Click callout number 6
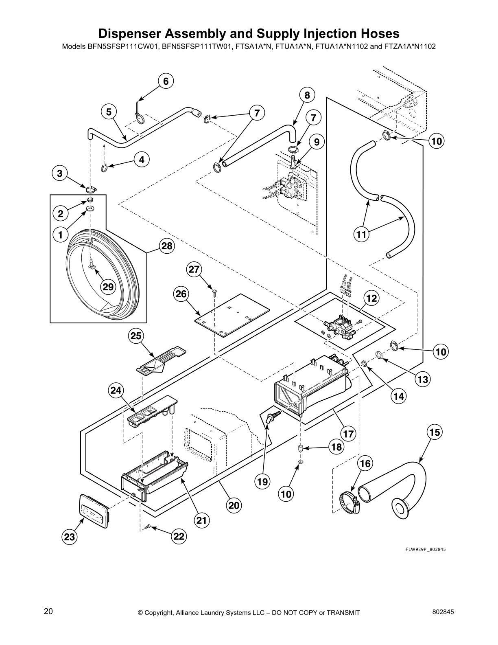click(x=166, y=81)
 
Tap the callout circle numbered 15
click(x=435, y=432)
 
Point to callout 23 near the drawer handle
click(x=70, y=537)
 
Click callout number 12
click(x=371, y=298)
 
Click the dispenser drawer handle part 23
click(x=94, y=511)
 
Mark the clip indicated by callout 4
click(x=105, y=168)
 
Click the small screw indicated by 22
click(x=149, y=527)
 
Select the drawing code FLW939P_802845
click(x=425, y=549)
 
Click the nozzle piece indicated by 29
click(x=92, y=263)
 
